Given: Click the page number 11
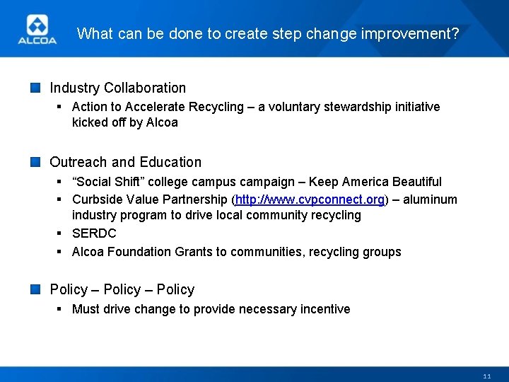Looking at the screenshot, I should [487, 376].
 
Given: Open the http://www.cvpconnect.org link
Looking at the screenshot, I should [310, 200].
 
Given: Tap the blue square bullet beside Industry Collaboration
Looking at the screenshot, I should [35, 88].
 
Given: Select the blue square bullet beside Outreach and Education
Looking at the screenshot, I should [35, 162].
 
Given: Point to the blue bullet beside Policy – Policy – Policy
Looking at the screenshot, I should [35, 289].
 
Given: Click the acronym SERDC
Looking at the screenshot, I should [94, 233].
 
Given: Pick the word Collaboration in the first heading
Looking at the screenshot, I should [145, 88].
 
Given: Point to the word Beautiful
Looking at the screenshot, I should [415, 182].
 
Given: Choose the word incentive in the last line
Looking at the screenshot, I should [323, 309].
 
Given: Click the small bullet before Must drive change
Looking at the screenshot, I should [61, 309].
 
